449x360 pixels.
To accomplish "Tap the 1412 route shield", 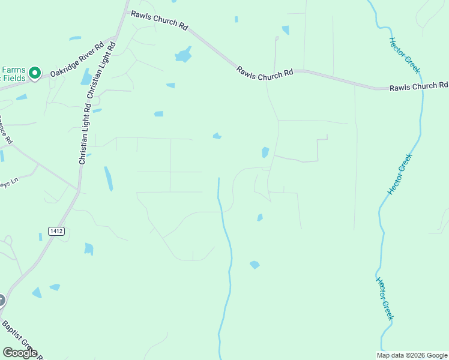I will click(x=56, y=231).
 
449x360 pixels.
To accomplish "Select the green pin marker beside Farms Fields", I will click(x=35, y=73).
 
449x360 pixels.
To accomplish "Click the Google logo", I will click(x=20, y=353).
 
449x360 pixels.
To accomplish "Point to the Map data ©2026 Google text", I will click(x=412, y=355).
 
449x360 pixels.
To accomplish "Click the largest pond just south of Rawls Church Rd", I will click(x=183, y=56).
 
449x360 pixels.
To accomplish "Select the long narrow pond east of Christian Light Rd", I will click(x=109, y=178).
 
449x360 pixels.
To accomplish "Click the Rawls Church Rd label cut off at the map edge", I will click(x=418, y=86).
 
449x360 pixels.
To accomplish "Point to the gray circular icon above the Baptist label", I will click(x=1, y=299).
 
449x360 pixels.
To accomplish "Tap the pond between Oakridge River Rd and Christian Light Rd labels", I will click(x=86, y=76).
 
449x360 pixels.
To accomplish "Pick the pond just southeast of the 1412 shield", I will click(x=89, y=248).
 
